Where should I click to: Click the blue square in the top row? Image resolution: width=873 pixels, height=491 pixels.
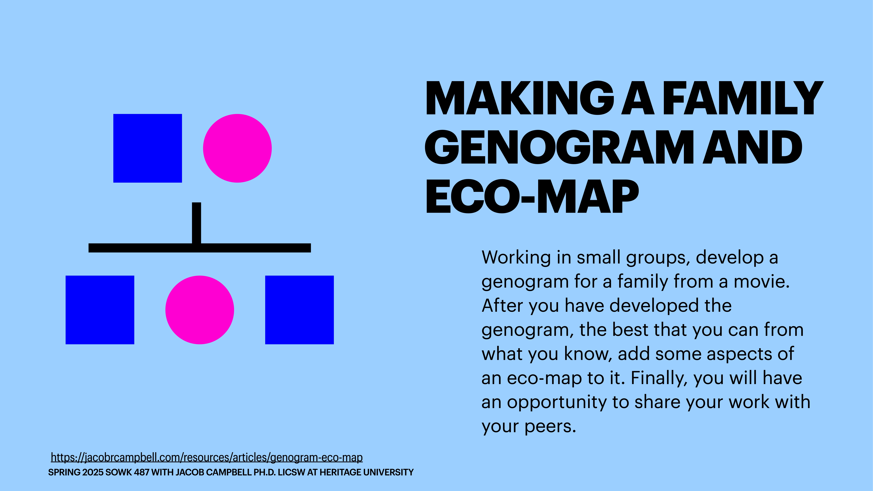tap(147, 148)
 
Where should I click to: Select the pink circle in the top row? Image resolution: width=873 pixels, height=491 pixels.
tap(237, 148)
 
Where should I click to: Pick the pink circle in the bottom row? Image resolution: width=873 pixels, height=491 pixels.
tap(200, 310)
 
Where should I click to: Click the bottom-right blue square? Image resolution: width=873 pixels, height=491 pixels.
tap(299, 310)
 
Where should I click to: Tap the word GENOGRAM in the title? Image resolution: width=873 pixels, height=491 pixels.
tap(559, 148)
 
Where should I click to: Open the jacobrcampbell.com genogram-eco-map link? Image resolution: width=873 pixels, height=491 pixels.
tap(207, 458)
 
